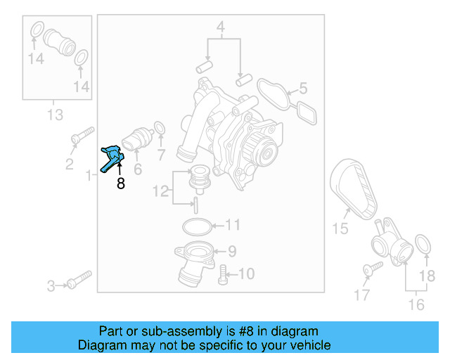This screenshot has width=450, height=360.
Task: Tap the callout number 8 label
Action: click(x=120, y=184)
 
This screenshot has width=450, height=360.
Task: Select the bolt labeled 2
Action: click(x=83, y=134)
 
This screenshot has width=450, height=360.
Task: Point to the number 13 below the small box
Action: click(x=55, y=114)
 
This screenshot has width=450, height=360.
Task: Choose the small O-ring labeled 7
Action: click(x=160, y=129)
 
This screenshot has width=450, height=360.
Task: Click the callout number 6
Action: click(x=138, y=169)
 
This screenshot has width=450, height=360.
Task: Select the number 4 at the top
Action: click(x=220, y=28)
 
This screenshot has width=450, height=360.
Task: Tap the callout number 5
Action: click(x=303, y=89)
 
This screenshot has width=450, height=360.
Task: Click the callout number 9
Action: click(x=231, y=250)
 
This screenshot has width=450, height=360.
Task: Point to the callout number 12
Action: click(x=161, y=190)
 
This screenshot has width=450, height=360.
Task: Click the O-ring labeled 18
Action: click(x=423, y=245)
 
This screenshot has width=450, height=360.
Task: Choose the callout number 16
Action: click(x=416, y=304)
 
